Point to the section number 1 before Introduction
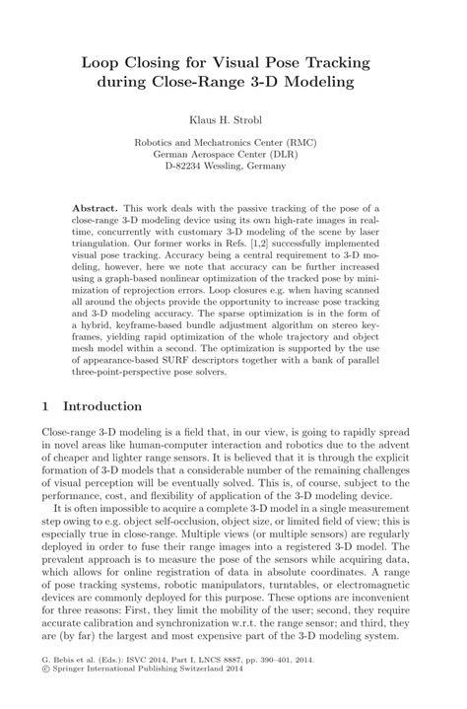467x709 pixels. coord(47,406)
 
